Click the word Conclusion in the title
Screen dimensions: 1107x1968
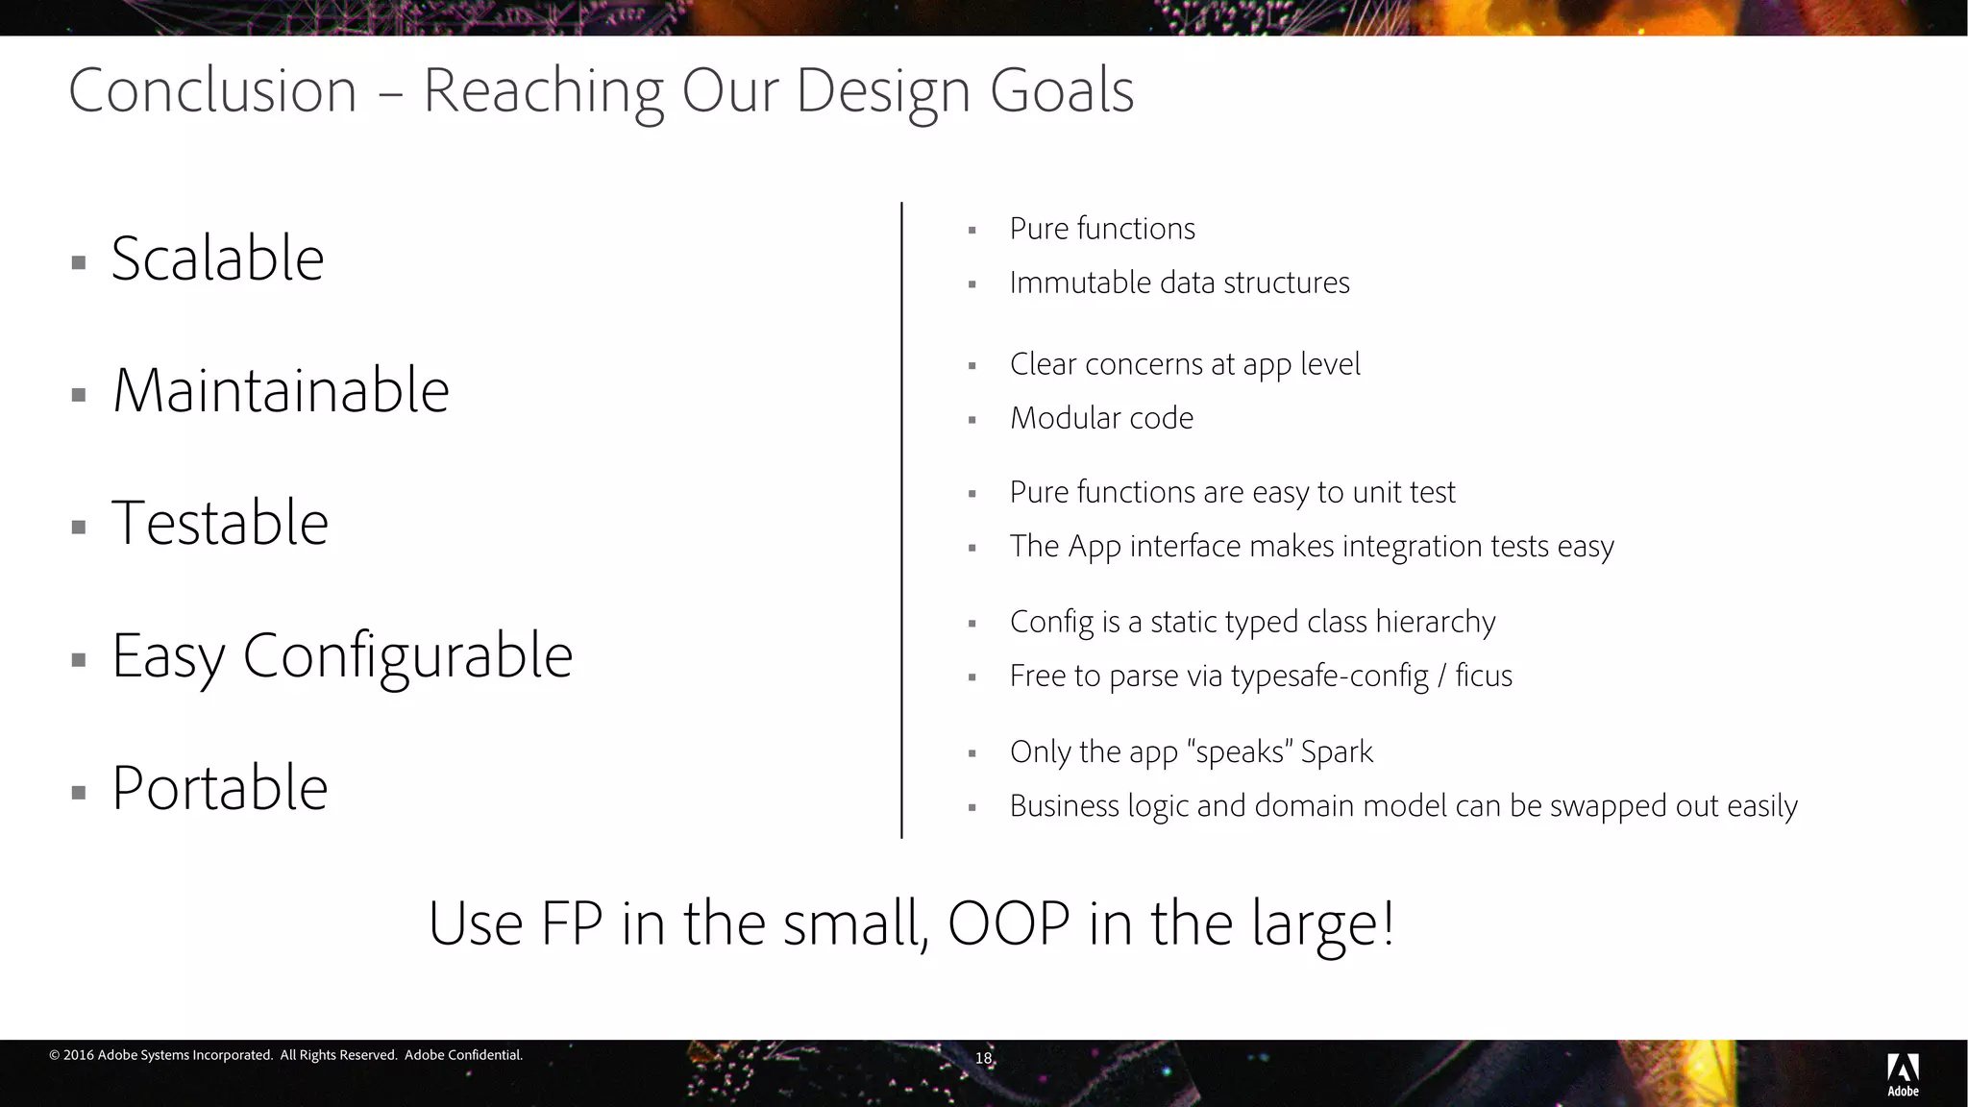coord(212,91)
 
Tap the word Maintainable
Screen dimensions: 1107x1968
coord(281,391)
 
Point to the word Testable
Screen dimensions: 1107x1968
coord(220,524)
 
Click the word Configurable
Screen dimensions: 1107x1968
coord(407,656)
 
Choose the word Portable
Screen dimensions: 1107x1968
coord(220,789)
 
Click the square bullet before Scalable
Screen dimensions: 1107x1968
coord(79,262)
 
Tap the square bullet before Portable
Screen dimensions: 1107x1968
coord(79,793)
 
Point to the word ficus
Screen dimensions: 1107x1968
coord(1484,676)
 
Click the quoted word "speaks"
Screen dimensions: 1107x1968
coord(1240,751)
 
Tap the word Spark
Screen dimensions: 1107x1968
coord(1337,751)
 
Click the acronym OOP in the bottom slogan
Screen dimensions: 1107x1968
coord(1009,923)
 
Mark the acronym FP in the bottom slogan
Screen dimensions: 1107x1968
coord(572,923)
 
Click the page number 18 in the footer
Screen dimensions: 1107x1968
coord(983,1058)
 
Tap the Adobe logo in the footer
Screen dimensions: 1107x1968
coord(1903,1074)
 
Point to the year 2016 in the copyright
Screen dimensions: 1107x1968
coord(78,1055)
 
